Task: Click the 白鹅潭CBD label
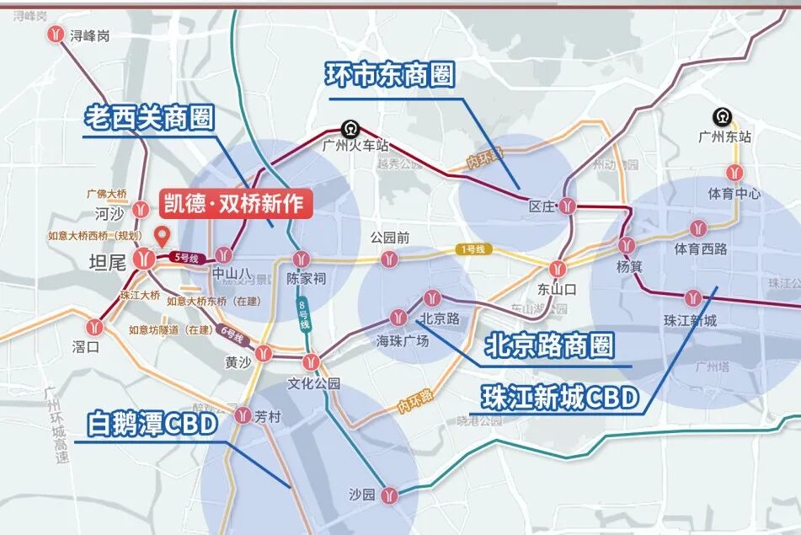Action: pyautogui.click(x=153, y=424)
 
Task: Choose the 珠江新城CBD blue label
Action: pyautogui.click(x=560, y=397)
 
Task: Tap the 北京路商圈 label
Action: pyautogui.click(x=548, y=345)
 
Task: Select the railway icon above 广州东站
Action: pyautogui.click(x=721, y=117)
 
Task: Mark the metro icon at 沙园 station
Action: pyautogui.click(x=388, y=495)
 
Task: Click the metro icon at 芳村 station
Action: pyautogui.click(x=243, y=415)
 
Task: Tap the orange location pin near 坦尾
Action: pyautogui.click(x=163, y=236)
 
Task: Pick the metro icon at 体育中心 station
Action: pyautogui.click(x=735, y=172)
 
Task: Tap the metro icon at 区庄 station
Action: pyautogui.click(x=570, y=205)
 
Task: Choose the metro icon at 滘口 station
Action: pyautogui.click(x=93, y=327)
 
